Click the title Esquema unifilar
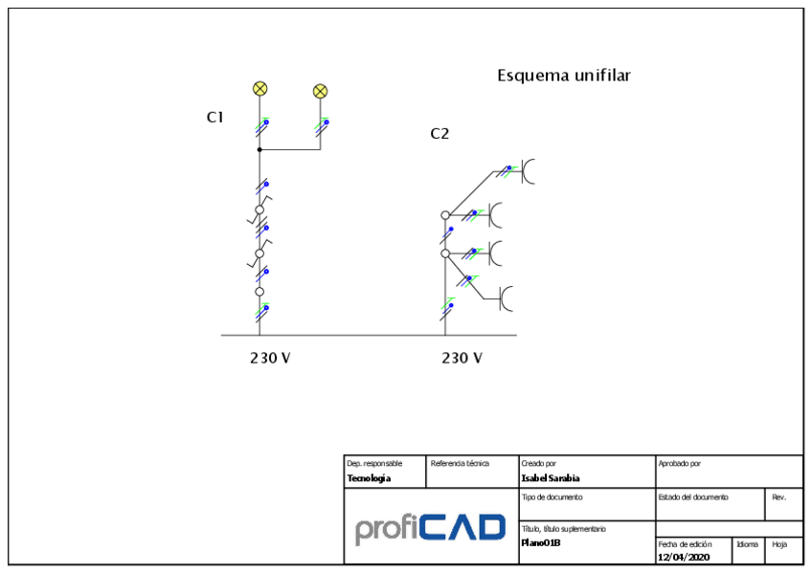pos(563,75)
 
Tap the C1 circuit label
pos(215,117)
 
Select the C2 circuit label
pos(440,134)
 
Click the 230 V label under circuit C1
pos(270,358)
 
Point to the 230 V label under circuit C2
pos(462,358)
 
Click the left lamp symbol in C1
pos(259,88)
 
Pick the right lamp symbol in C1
pos(321,91)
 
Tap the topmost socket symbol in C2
pos(528,170)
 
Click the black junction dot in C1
pos(259,150)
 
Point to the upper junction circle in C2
pos(445,215)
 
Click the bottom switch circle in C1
pos(259,292)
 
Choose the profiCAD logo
pos(430,528)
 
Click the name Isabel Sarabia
pos(551,478)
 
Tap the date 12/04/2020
pos(684,557)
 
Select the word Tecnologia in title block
pos(369,478)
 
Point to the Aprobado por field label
pos(680,464)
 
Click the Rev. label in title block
pos(779,497)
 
